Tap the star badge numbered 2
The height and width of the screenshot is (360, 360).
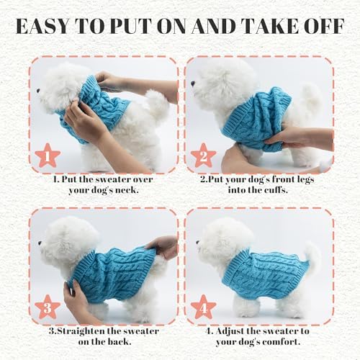[x=204, y=154]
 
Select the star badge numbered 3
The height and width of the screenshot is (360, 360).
[x=48, y=305]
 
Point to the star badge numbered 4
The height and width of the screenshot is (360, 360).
[x=204, y=305]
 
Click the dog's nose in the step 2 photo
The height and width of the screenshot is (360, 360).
[x=194, y=83]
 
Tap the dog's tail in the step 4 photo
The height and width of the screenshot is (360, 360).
[x=311, y=253]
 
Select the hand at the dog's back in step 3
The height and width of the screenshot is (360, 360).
[x=166, y=246]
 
